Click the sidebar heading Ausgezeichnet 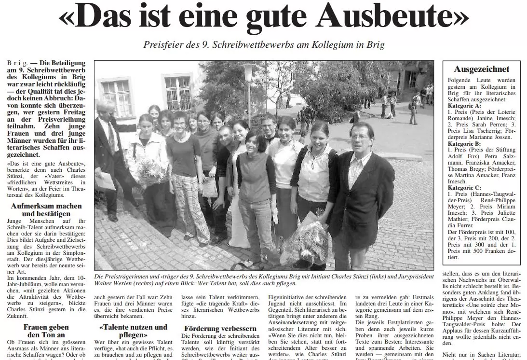tap(481, 69)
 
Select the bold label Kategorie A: tap(464, 105)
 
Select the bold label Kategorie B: tap(464, 143)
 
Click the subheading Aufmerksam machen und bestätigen tap(46, 210)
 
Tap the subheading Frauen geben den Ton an tap(46, 331)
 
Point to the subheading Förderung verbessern tap(215, 329)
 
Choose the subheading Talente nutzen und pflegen tap(126, 331)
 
